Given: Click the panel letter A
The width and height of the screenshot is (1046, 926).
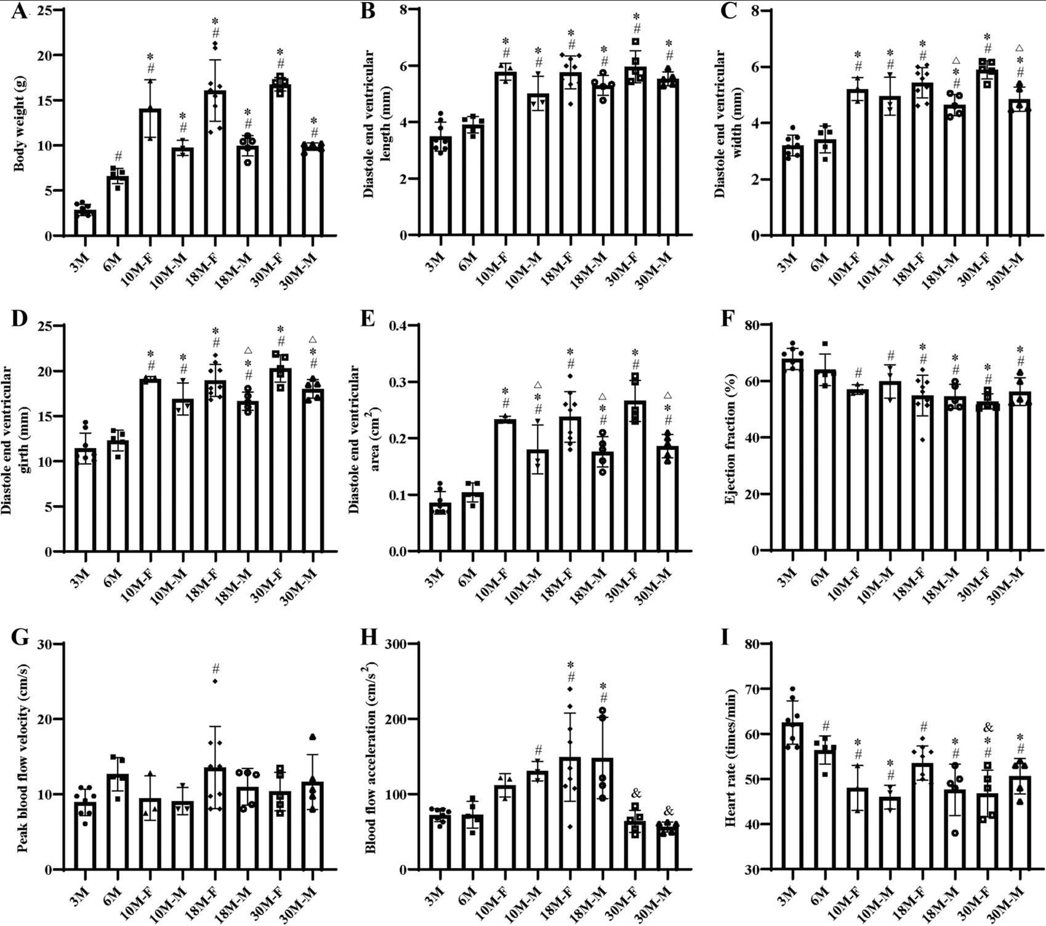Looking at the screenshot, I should click(18, 11).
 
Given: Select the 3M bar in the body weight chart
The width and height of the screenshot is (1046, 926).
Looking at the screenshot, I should click(85, 223).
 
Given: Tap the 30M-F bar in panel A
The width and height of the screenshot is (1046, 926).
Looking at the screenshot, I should click(281, 160).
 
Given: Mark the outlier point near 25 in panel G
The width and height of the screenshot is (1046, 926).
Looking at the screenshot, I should click(215, 681).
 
